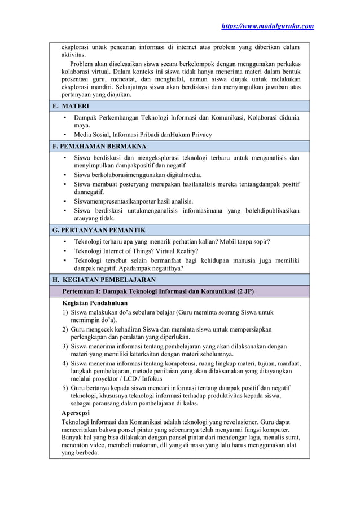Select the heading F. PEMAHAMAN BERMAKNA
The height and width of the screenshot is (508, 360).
click(99, 147)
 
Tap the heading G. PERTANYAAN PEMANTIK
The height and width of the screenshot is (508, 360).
click(99, 230)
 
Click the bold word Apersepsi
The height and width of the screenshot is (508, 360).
click(79, 413)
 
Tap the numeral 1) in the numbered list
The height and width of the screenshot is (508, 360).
click(65, 312)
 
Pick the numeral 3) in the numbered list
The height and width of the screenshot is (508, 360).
click(65, 346)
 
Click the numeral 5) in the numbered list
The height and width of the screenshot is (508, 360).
click(65, 388)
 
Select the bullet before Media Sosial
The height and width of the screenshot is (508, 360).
click(65, 135)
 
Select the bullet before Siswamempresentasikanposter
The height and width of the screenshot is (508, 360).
click(65, 201)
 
